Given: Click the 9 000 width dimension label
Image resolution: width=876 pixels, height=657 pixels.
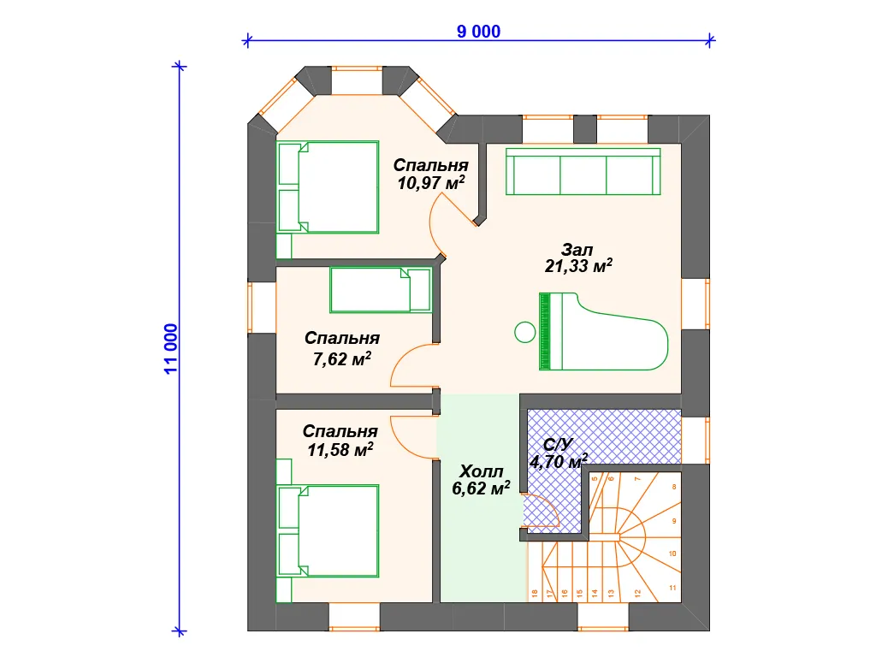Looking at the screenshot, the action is click(478, 32).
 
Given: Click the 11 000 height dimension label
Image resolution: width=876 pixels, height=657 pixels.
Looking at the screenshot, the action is click(171, 349).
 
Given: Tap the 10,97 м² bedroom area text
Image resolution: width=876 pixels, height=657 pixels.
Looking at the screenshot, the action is click(431, 183).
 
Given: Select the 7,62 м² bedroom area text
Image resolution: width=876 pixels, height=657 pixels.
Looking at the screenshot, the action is click(342, 358).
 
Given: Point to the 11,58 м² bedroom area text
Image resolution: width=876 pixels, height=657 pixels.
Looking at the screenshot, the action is click(340, 450).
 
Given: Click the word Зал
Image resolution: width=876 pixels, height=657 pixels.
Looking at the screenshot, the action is click(577, 249).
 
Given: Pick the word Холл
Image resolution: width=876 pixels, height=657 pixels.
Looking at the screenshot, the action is click(481, 471).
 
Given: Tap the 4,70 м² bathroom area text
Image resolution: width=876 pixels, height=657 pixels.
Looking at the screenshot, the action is click(559, 461).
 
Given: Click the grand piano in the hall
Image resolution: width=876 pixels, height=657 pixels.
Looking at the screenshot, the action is click(603, 331).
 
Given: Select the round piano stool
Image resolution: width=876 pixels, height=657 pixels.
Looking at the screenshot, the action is click(524, 333).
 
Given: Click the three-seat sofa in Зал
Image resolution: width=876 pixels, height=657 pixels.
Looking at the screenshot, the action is click(583, 171).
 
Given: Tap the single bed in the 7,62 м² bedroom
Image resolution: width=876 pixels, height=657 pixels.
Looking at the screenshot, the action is click(381, 290).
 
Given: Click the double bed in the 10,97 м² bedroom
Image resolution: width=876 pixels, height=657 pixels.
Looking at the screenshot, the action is click(328, 187).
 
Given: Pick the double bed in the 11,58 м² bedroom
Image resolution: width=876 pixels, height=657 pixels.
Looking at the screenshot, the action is click(328, 530).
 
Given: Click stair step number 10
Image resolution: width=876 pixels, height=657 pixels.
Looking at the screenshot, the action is click(672, 553).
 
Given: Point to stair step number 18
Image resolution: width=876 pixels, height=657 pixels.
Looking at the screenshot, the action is click(535, 594).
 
